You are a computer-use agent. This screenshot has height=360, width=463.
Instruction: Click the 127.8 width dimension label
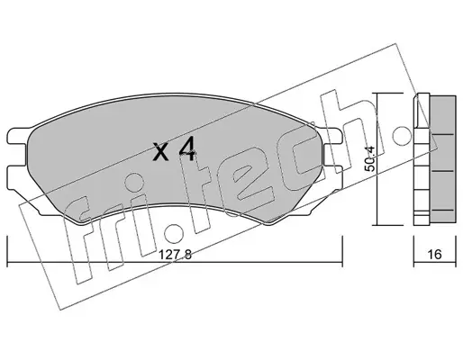175,255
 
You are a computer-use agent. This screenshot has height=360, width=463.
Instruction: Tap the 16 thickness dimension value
435,255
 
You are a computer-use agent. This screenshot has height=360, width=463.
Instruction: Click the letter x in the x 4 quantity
161,152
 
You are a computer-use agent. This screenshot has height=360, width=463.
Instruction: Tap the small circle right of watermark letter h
402,136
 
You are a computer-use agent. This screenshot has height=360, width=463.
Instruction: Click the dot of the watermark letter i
133,182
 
